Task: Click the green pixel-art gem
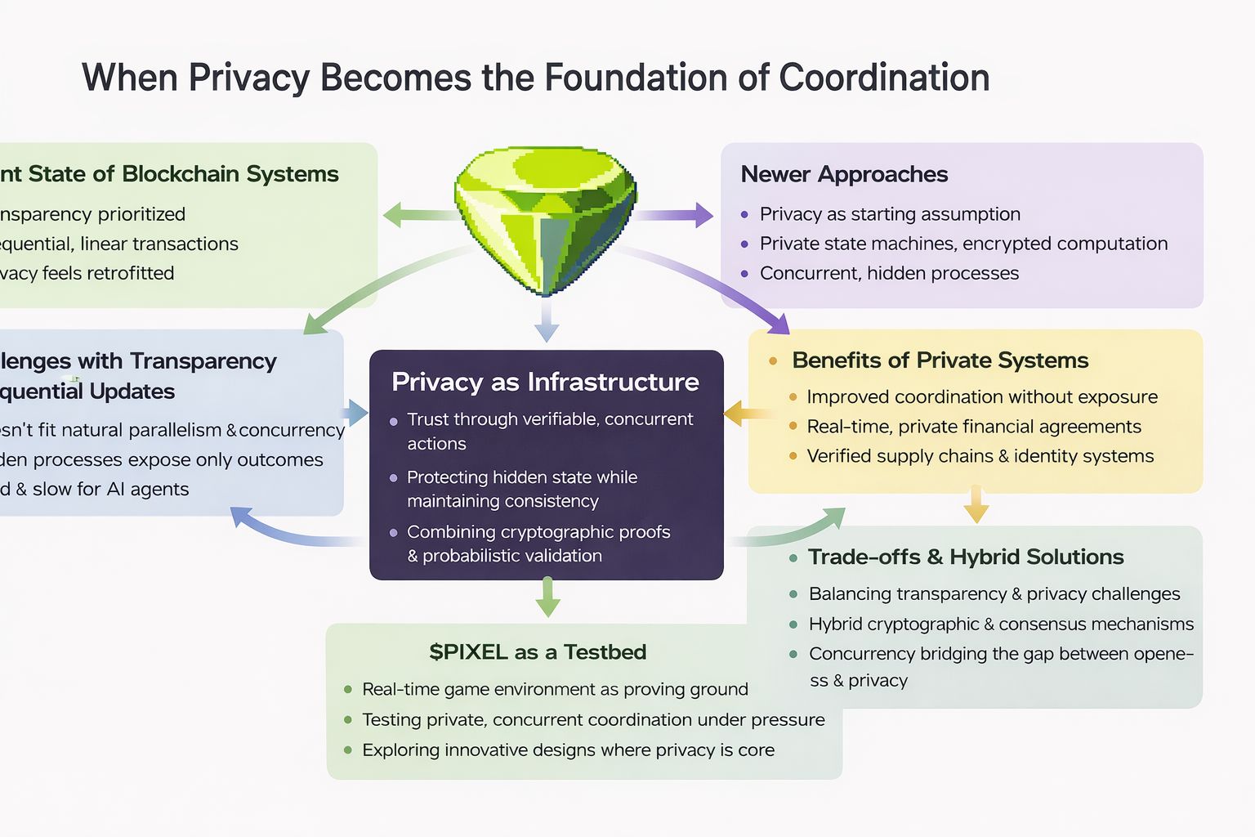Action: pyautogui.click(x=545, y=217)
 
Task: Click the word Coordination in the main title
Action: pyautogui.click(x=884, y=78)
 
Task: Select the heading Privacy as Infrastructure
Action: pyautogui.click(x=545, y=382)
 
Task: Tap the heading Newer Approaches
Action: pyautogui.click(x=844, y=174)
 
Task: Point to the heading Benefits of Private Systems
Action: pyautogui.click(x=940, y=360)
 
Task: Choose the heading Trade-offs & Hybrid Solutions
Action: pyautogui.click(x=966, y=557)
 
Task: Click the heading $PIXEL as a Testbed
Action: pyautogui.click(x=538, y=652)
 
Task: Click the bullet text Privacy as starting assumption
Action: pyautogui.click(x=890, y=214)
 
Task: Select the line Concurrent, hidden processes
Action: pyautogui.click(x=889, y=273)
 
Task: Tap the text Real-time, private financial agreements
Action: pyautogui.click(x=974, y=427)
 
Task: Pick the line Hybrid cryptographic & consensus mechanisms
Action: pyautogui.click(x=1001, y=624)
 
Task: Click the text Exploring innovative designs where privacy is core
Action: pyautogui.click(x=568, y=750)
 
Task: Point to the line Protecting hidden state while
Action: pyautogui.click(x=522, y=477)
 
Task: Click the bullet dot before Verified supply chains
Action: pyautogui.click(x=793, y=456)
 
